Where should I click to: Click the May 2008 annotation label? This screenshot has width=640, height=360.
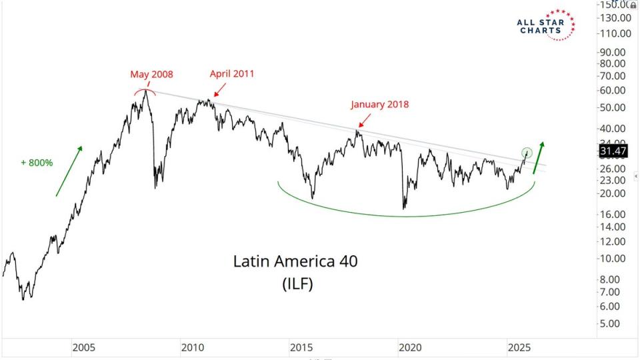pyautogui.click(x=151, y=75)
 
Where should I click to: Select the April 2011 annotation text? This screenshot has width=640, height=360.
pyautogui.click(x=232, y=74)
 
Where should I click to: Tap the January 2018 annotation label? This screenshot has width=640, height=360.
pyautogui.click(x=380, y=104)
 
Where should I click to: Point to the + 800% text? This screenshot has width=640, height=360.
pyautogui.click(x=37, y=162)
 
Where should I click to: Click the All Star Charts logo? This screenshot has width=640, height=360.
pyautogui.click(x=545, y=25)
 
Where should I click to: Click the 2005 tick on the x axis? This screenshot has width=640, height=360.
pyautogui.click(x=83, y=347)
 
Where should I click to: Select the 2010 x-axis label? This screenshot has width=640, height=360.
pyautogui.click(x=192, y=347)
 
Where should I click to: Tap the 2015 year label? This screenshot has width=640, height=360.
pyautogui.click(x=301, y=347)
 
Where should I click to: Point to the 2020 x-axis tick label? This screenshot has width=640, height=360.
pyautogui.click(x=409, y=347)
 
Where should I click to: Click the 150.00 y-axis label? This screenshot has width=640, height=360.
pyautogui.click(x=615, y=5)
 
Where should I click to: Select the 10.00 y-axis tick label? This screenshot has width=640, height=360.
pyautogui.click(x=612, y=259)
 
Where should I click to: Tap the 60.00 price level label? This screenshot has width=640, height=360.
pyautogui.click(x=612, y=91)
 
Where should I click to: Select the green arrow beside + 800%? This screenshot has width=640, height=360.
pyautogui.click(x=69, y=171)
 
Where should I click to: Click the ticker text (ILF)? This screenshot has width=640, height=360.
pyautogui.click(x=295, y=284)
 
